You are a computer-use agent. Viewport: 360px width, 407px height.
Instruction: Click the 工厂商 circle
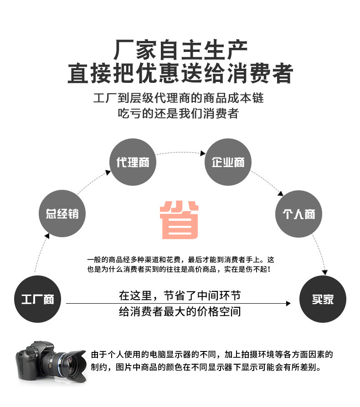click(38, 299)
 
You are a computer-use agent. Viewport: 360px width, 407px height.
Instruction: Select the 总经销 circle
click(62, 214)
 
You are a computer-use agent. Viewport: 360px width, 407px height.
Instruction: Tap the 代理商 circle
click(133, 162)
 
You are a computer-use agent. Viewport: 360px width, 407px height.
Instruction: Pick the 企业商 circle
click(228, 162)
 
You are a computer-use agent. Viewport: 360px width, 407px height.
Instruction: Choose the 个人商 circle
click(299, 214)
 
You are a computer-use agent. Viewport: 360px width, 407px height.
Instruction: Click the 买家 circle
click(323, 299)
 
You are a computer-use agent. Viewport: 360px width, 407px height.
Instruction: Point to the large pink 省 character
click(180, 219)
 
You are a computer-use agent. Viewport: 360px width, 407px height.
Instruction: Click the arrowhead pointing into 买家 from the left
click(288, 303)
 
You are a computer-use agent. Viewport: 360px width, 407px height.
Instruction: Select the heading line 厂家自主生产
click(180, 50)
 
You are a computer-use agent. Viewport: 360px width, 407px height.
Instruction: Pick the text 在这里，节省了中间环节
click(180, 295)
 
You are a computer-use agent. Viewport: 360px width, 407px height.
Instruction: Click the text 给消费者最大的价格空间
click(180, 312)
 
